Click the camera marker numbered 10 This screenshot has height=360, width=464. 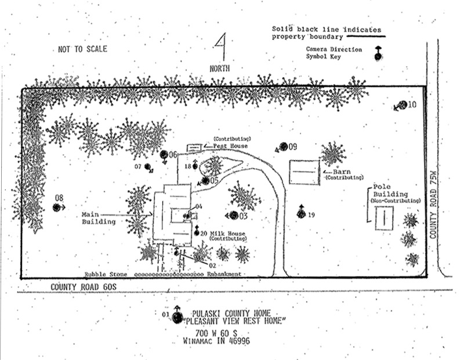pyautogui.click(x=402, y=106)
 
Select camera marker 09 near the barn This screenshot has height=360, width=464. pyautogui.click(x=283, y=147)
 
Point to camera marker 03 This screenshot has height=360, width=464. pyautogui.click(x=233, y=216)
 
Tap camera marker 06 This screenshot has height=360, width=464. pyautogui.click(x=165, y=155)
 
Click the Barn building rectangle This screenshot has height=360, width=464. pyautogui.click(x=304, y=172)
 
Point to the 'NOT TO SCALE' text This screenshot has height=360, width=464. pyautogui.click(x=82, y=49)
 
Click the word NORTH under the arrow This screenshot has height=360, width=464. pyautogui.click(x=220, y=68)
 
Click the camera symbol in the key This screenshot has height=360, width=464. pyautogui.click(x=378, y=54)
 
